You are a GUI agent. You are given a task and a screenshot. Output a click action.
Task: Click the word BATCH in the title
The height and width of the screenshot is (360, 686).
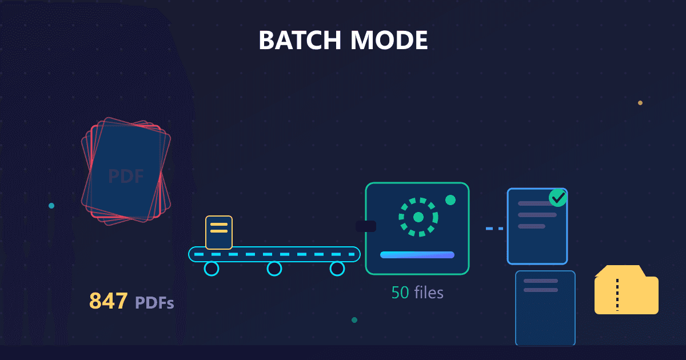pyautogui.click(x=300, y=40)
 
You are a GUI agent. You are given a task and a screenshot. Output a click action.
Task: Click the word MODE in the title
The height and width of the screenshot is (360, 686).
pyautogui.click(x=389, y=40)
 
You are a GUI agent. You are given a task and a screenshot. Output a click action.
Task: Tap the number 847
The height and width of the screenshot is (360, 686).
pyautogui.click(x=109, y=301)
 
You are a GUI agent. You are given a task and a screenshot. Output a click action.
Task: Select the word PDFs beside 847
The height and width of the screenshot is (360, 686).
pyautogui.click(x=154, y=303)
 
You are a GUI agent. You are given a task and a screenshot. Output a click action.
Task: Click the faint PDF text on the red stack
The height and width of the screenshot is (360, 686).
pyautogui.click(x=126, y=176)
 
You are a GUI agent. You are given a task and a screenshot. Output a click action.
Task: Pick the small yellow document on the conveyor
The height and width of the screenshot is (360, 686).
pyautogui.click(x=219, y=233)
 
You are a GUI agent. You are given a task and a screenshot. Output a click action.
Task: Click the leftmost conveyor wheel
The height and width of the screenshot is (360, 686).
pyautogui.click(x=212, y=269)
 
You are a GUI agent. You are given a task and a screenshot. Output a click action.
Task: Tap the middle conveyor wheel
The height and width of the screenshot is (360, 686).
pyautogui.click(x=274, y=269)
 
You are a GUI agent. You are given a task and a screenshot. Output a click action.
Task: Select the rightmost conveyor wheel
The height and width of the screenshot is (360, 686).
pyautogui.click(x=337, y=269)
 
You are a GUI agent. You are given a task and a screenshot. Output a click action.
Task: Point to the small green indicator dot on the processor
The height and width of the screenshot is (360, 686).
pyautogui.click(x=450, y=200)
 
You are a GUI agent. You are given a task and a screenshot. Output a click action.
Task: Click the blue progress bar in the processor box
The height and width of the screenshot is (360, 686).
pyautogui.click(x=417, y=255)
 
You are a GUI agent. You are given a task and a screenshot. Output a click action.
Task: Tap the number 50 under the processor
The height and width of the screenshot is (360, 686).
pyautogui.click(x=400, y=293)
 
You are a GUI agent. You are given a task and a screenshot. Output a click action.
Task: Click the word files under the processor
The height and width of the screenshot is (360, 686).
pyautogui.click(x=429, y=293)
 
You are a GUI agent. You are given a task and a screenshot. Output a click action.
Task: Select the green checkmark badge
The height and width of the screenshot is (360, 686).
pyautogui.click(x=558, y=198)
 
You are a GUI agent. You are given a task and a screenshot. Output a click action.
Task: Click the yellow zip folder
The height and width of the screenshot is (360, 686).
pyautogui.click(x=627, y=290)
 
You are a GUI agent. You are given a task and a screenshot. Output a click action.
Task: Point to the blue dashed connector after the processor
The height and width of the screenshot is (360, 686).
pyautogui.click(x=494, y=229)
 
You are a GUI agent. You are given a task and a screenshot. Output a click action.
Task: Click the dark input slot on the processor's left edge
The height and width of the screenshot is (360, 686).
pyautogui.click(x=366, y=226)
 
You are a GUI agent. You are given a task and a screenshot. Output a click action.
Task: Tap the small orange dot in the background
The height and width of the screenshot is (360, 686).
pyautogui.click(x=640, y=103)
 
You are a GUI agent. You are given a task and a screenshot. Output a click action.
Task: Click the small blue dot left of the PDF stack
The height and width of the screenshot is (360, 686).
pyautogui.click(x=51, y=206)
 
